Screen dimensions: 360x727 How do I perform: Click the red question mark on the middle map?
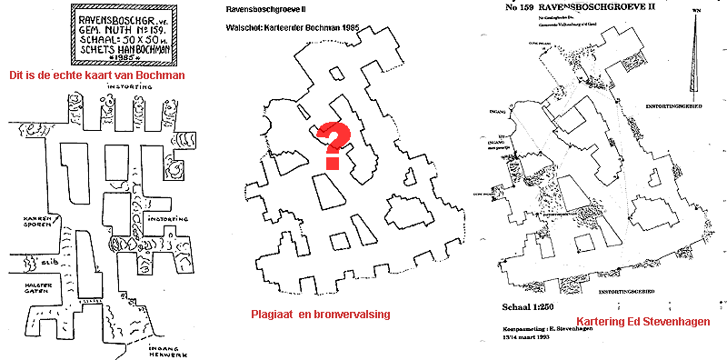[334, 145]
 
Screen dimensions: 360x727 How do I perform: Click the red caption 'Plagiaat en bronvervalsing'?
[320, 314]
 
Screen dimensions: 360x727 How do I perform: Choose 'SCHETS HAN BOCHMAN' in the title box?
[123, 48]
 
